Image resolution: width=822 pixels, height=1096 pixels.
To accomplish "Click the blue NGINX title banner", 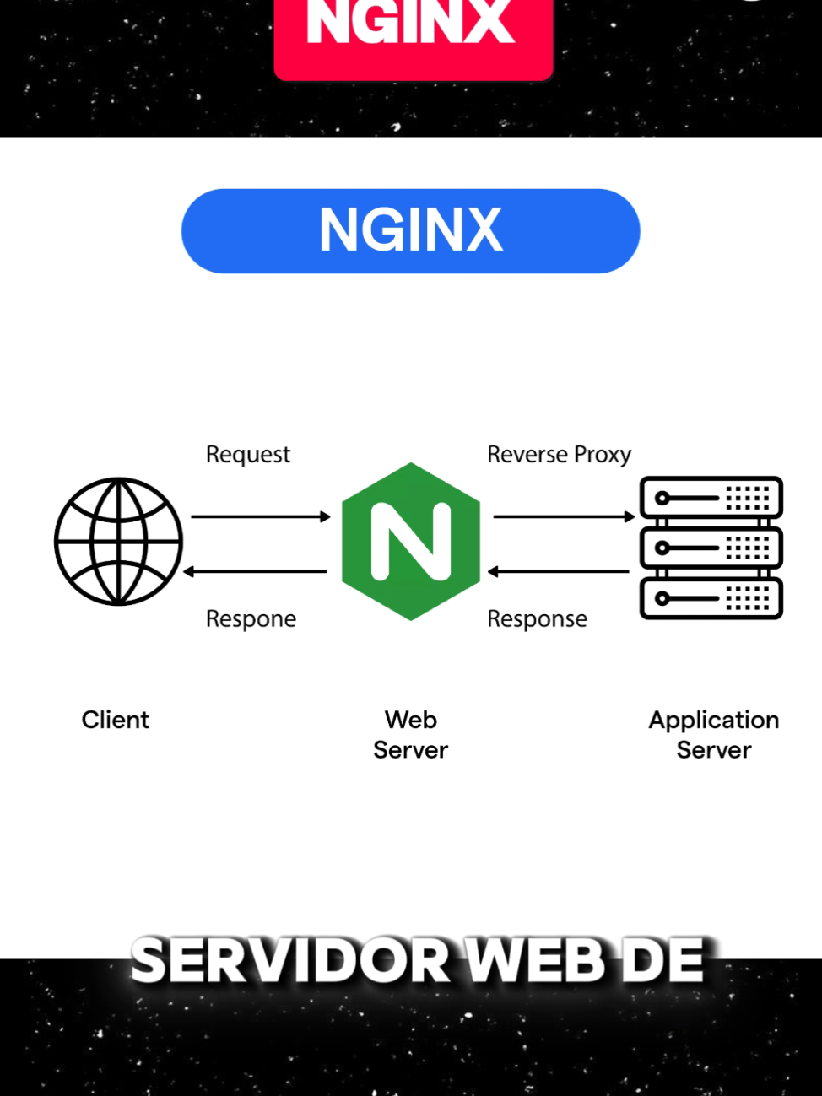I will pos(410,230).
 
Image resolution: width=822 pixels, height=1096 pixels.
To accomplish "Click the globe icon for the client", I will pos(119,542).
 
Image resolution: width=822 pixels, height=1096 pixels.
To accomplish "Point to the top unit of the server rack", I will pos(711,497).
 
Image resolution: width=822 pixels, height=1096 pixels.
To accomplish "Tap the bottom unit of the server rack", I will pos(711,599).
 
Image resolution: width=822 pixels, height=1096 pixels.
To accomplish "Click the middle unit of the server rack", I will pos(711,548).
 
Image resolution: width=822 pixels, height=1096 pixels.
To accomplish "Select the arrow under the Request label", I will pos(260,516).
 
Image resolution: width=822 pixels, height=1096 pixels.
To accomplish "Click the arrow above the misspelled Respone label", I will pos(255,572).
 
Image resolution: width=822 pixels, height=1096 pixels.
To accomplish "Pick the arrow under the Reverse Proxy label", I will pos(563,516).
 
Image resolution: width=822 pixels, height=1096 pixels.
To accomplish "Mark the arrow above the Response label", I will pos(558,572).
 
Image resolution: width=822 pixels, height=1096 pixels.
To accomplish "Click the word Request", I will pos(248,455).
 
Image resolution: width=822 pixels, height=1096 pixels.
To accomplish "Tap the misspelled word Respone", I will pos(251,619).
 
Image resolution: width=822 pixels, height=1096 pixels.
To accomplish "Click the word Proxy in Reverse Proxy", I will pos(602,455).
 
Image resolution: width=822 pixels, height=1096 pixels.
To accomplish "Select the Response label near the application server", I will pos(537,619).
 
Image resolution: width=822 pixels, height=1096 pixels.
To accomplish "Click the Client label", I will pos(115,720).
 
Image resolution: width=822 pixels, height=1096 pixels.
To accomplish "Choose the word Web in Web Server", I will pos(411,720).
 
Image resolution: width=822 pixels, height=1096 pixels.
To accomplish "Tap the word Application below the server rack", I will pos(714,721).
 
